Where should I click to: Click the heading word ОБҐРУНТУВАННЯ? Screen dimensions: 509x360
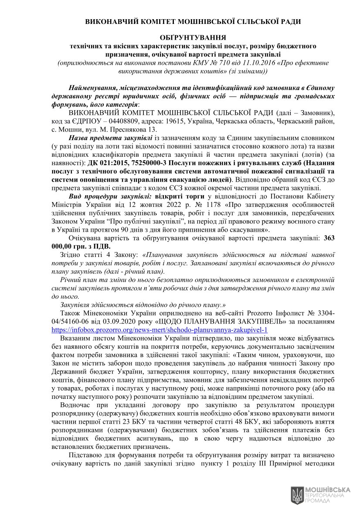pos(193,37)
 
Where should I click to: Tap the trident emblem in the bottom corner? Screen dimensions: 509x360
pos(297,494)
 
